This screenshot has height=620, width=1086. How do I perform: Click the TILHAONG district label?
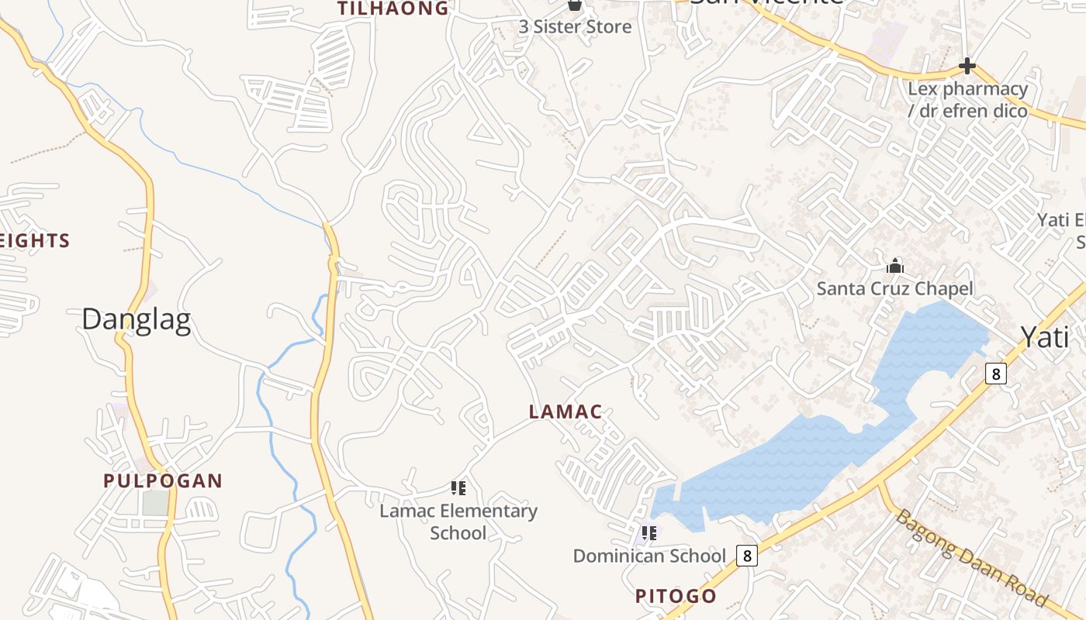393,9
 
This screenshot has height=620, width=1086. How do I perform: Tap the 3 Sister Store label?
575,26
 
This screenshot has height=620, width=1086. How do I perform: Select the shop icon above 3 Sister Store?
575,5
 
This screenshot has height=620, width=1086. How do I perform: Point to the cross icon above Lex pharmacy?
967,66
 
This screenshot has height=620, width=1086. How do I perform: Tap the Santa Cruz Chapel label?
894,289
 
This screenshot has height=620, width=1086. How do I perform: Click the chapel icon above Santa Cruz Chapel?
895,267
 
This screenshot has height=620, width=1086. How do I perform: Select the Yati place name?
1044,337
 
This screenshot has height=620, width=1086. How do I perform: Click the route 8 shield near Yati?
996,374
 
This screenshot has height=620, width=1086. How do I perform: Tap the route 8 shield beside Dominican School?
746,555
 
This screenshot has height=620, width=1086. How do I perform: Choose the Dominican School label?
649,556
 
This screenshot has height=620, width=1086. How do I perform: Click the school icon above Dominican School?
649,533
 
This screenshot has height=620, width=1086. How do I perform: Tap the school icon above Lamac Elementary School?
458,488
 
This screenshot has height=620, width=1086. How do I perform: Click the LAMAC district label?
565,412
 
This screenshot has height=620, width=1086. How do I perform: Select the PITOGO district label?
676,596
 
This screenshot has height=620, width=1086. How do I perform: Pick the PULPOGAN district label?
163,480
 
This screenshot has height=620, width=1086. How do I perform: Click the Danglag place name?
136,319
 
